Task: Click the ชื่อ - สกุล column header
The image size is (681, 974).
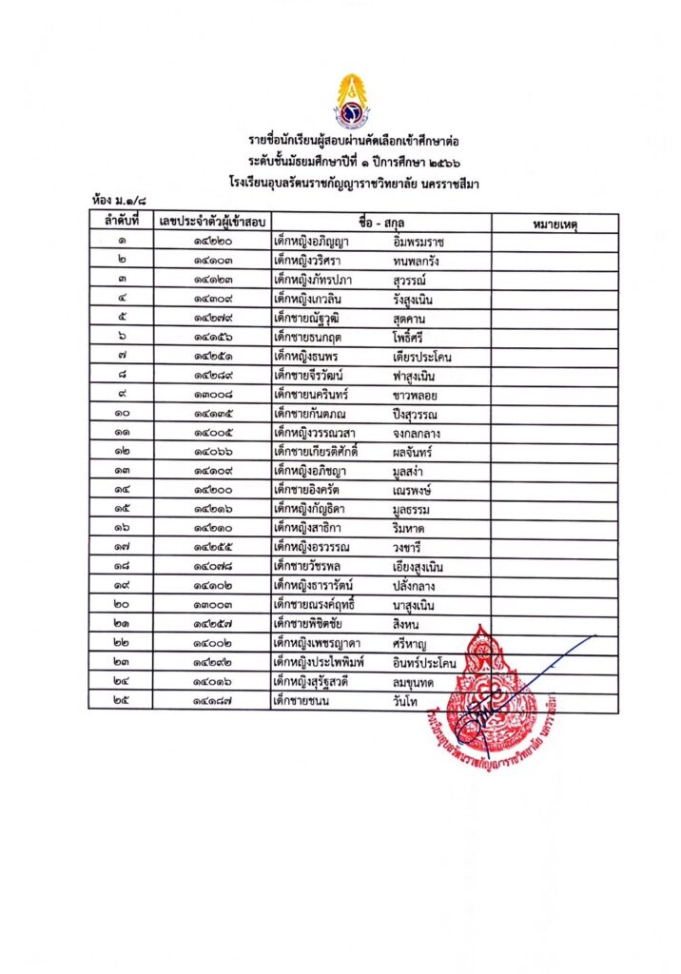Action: pos(380,223)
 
